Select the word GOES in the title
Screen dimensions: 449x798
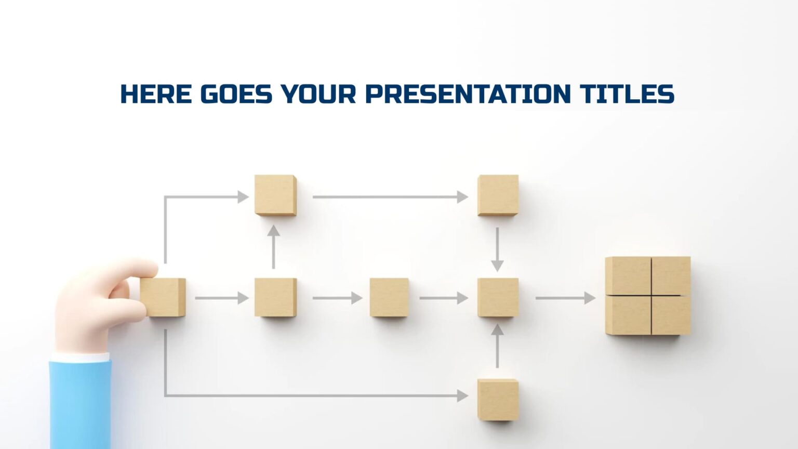coord(236,94)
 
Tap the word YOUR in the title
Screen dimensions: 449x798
coord(318,94)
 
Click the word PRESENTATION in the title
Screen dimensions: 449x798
coord(468,94)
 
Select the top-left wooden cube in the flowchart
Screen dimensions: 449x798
coord(275,195)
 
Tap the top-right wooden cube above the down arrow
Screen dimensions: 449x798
coord(498,195)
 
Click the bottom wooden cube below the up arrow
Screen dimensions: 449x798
coord(498,399)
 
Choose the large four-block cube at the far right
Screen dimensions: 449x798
coord(647,296)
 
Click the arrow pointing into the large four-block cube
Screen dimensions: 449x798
coord(565,298)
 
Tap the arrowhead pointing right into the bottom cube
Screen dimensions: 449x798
coord(462,396)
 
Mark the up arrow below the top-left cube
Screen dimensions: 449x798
coord(274,247)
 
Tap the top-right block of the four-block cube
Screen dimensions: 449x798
coord(671,275)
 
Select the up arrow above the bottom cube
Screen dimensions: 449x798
coord(498,346)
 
